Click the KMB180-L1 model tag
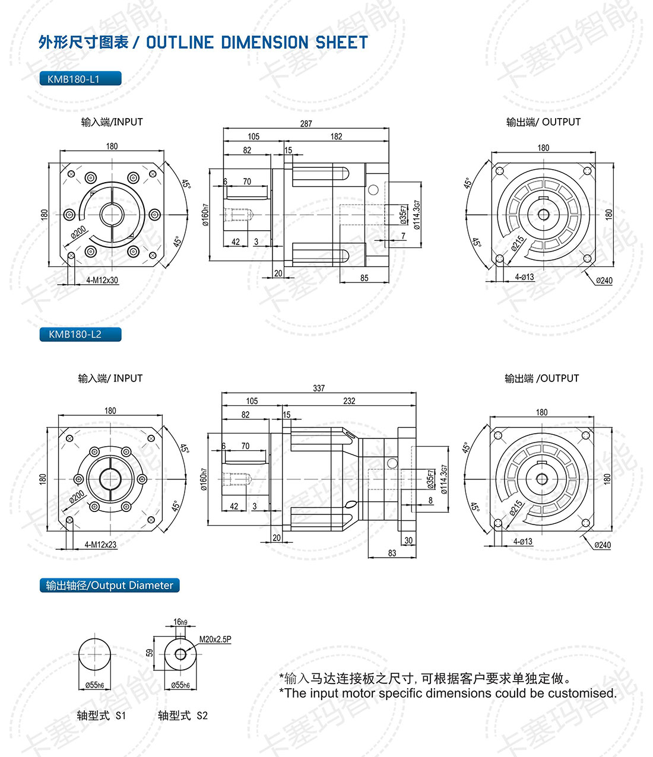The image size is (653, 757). pos(80,79)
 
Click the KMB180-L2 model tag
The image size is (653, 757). pos(80,335)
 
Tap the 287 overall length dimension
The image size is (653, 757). pos(306,123)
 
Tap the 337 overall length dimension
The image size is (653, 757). pos(319,388)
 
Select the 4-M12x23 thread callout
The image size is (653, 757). pos(100,544)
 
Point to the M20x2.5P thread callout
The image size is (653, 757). pos(215,640)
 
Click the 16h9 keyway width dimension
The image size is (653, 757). pos(180,622)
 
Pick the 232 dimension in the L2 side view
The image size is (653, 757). pos(349,401)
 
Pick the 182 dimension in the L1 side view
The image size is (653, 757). pos(336,136)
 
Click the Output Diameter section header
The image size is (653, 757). pos(109,586)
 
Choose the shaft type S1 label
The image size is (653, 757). pos(102,715)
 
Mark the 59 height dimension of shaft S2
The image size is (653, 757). pos(150,653)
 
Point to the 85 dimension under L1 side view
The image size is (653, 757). pos(364,278)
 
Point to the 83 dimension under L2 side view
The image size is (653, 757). pos(392,553)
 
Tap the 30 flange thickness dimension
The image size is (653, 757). pos(408,540)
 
